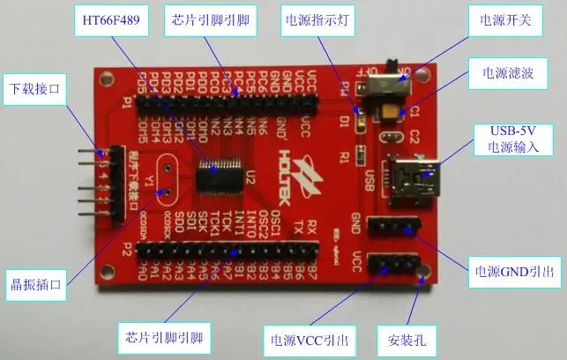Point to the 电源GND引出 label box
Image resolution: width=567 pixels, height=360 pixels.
516,272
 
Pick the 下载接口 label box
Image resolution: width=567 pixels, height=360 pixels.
34,89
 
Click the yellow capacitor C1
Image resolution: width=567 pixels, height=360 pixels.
389,111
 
